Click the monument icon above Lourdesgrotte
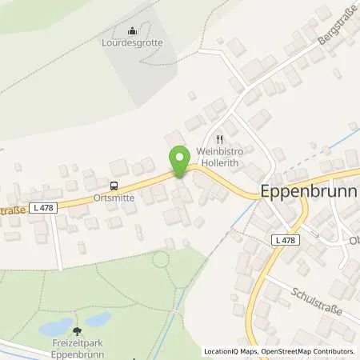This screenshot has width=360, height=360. pos(133,30)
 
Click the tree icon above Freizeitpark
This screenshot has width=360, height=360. pos(77,330)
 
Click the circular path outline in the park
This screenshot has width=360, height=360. pos(161,259)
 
